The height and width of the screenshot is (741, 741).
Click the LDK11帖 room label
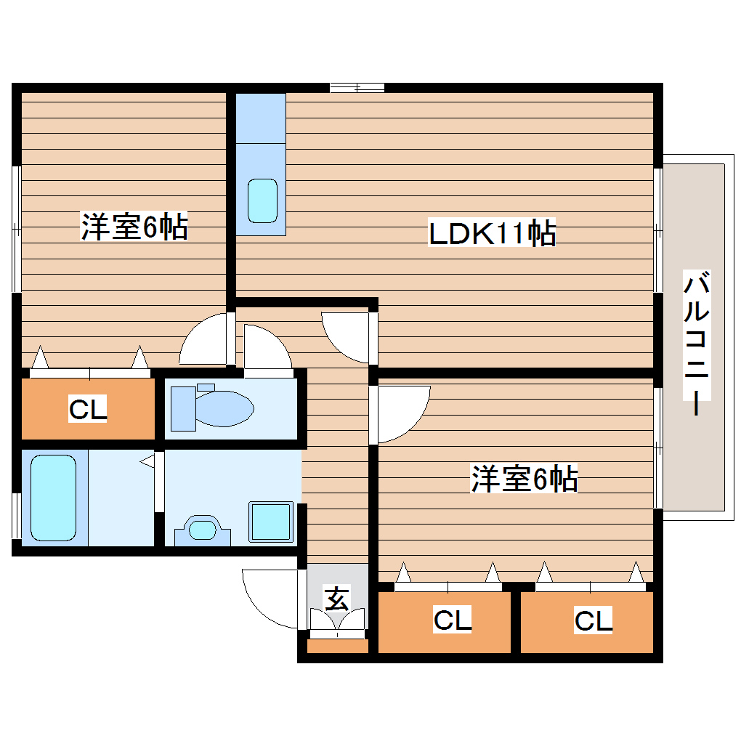493,234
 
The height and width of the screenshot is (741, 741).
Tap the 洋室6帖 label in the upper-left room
134,227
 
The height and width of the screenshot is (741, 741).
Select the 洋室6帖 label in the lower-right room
525,479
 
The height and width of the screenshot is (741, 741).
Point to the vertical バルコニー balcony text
696,343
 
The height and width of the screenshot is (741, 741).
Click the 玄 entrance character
336,600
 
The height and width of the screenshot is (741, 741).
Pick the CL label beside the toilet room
88,410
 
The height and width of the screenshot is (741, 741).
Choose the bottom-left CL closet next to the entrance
453,621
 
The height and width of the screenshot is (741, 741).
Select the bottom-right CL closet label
594,621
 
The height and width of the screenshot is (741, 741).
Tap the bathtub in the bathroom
53,497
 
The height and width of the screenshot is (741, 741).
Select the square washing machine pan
271,522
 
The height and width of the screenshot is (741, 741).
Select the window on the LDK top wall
357,88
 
